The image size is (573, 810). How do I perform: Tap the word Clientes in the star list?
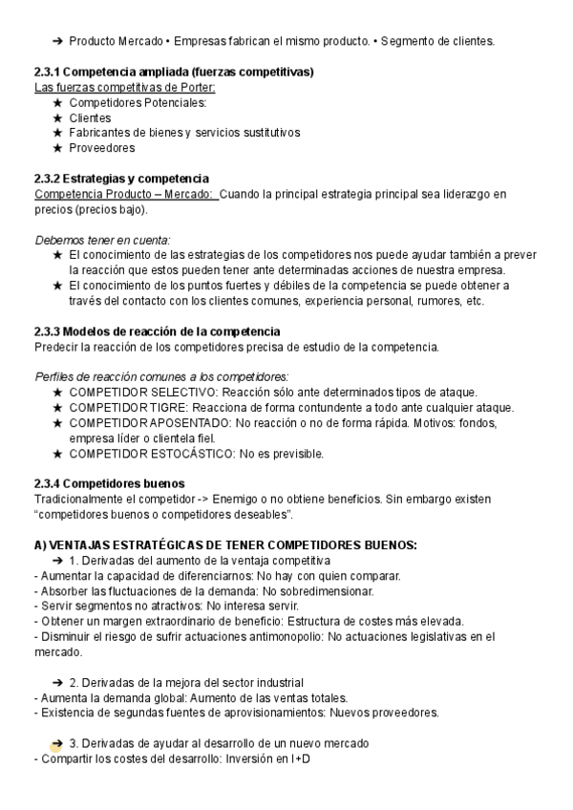pos(90,117)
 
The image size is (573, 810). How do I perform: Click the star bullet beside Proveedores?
pos(58,148)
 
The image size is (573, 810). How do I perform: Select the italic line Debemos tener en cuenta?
pos(102,240)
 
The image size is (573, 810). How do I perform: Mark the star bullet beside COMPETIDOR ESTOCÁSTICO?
pos(58,453)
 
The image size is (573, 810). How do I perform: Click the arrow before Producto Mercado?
pos(58,41)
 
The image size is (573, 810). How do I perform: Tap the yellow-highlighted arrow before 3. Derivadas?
pos(57,743)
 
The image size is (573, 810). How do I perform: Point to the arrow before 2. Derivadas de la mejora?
pos(58,682)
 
